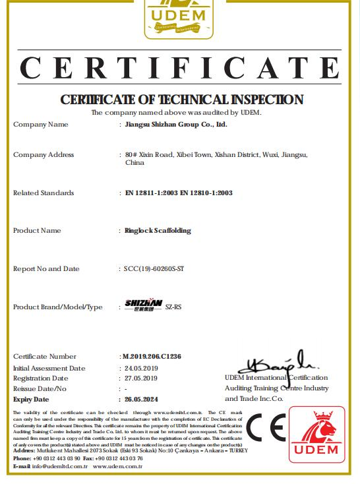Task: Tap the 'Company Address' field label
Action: point(44,155)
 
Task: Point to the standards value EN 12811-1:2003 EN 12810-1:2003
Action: point(179,193)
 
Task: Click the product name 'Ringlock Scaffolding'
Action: point(158,231)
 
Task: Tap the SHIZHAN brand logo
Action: point(144,305)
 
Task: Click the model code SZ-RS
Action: point(173,307)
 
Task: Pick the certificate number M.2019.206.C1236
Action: point(152,357)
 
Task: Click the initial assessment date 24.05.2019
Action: point(141,368)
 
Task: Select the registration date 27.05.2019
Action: point(141,378)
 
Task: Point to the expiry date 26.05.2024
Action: point(142,400)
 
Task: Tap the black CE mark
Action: point(266,427)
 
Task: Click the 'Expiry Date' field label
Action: point(31,400)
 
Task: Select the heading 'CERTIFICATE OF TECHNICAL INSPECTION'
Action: point(181,100)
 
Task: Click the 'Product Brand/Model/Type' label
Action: point(58,307)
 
